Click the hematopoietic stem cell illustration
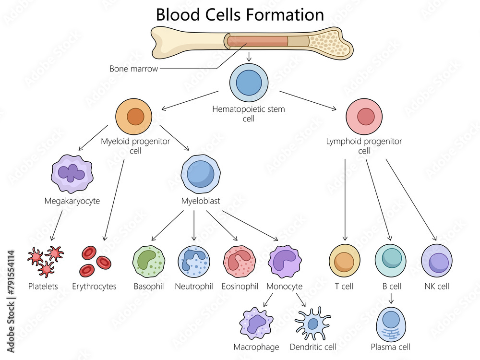coord(249,83)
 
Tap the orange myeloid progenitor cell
coord(134,117)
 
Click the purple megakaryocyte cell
coord(72,174)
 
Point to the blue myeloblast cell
coord(200,173)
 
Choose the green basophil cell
coord(149,262)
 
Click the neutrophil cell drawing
coord(194,262)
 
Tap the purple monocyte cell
coord(285,262)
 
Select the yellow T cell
coord(344,262)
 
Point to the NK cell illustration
coord(437,262)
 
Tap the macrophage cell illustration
coord(256,324)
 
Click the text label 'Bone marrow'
coord(133,69)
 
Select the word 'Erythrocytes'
coord(94,287)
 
